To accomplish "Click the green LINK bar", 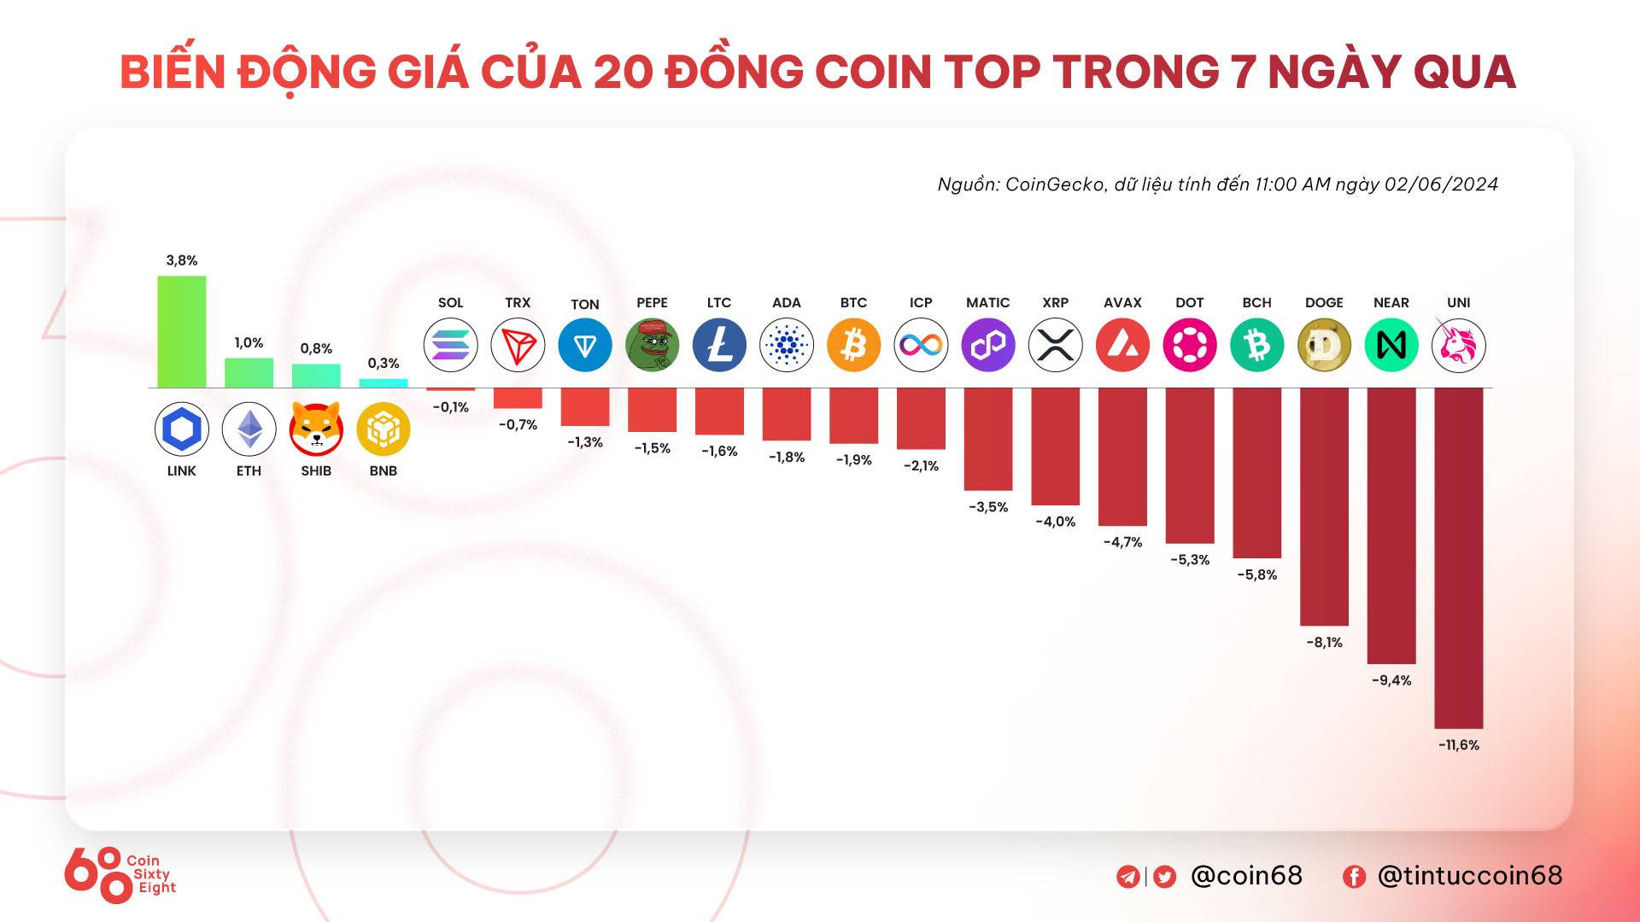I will click(x=181, y=331).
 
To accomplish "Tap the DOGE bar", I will click(x=1324, y=506).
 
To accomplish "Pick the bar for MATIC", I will click(x=988, y=439).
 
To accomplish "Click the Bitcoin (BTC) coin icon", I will click(x=853, y=346).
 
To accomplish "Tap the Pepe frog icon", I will click(x=652, y=346).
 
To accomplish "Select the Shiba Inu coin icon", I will click(x=316, y=429).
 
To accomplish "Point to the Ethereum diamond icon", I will click(x=249, y=429).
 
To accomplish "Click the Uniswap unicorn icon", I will click(x=1458, y=346).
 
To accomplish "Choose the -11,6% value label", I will click(x=1458, y=745).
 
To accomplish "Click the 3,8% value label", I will click(x=181, y=260).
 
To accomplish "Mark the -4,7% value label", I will click(x=1122, y=542).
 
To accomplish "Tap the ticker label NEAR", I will click(x=1391, y=303).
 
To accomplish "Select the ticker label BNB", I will click(x=383, y=471).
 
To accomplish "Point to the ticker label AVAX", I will click(x=1122, y=303).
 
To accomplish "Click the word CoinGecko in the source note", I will click(x=1054, y=184).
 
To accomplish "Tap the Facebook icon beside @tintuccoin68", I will click(x=1354, y=877).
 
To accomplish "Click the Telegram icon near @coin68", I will click(x=1127, y=877).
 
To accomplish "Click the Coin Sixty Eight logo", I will click(x=120, y=874).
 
